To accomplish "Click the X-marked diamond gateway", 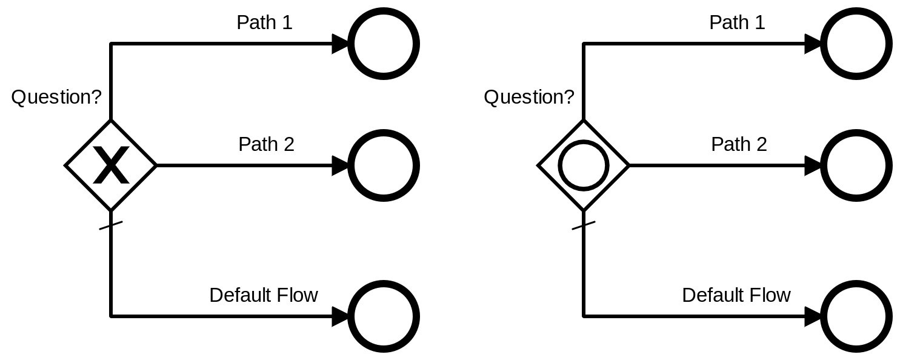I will point(111,165).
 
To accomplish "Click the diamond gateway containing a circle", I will point(583,165).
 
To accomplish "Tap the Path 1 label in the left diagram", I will point(264,23).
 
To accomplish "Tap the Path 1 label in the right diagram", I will point(737,23).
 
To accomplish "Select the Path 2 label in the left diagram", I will point(266,144).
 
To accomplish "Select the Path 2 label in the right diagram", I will point(739,144).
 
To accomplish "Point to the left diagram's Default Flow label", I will point(263,295).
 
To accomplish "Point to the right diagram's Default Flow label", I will point(736,295).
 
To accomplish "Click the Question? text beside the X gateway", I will point(56,97).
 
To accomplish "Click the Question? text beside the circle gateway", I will point(528,97).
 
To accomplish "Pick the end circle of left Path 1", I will point(384,44).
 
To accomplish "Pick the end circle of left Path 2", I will point(384,165).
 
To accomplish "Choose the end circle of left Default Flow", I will point(384,316).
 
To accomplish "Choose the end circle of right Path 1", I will point(856,44).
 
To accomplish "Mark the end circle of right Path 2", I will point(856,165).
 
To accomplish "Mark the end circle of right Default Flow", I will point(856,316).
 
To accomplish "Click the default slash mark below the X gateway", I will point(111,226).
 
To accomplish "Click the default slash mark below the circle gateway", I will point(583,226).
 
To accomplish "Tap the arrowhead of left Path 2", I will point(341,165).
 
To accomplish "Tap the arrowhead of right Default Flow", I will point(813,316).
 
